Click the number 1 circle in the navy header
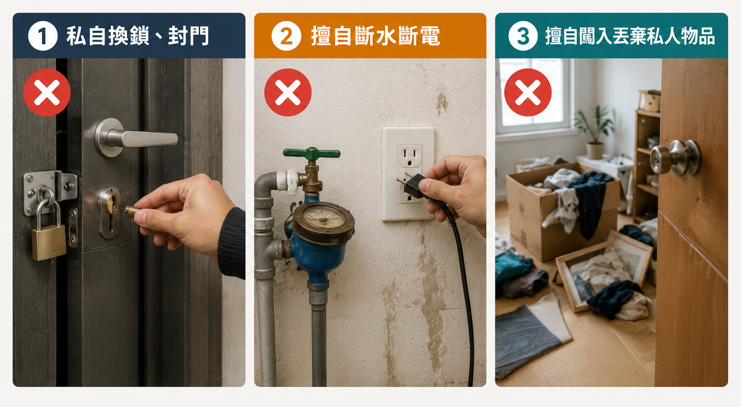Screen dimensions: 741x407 point(42,36)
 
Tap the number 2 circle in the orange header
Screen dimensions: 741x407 point(286,36)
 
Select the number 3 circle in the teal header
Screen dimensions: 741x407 point(522,36)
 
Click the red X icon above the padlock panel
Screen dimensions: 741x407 point(47,92)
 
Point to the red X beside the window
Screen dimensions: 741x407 point(528,92)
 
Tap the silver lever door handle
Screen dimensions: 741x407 point(136,137)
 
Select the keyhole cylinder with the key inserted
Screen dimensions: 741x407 point(110,212)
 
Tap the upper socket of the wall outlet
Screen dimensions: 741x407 point(410,156)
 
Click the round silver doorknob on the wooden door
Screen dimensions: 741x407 point(675,157)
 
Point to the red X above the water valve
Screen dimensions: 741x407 point(288,92)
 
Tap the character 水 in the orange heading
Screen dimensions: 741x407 point(386,36)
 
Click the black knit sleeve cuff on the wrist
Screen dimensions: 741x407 point(232,243)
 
